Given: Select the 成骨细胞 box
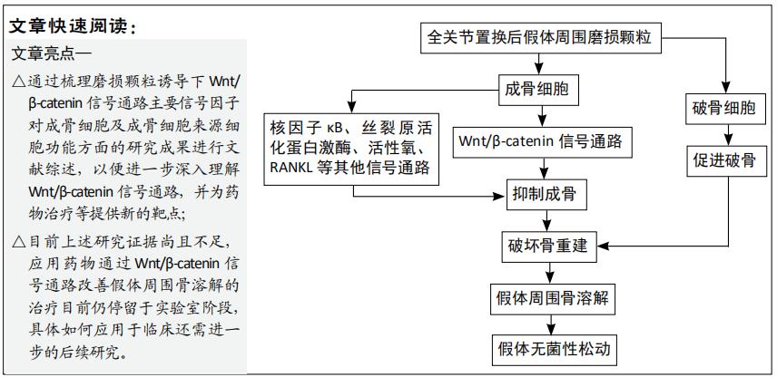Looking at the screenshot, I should [542, 90].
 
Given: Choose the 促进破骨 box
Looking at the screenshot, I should [723, 160].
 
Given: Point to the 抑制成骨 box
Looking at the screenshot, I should [542, 193].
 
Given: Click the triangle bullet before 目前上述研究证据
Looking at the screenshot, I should [20, 242].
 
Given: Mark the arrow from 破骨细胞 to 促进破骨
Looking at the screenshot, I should [723, 135].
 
